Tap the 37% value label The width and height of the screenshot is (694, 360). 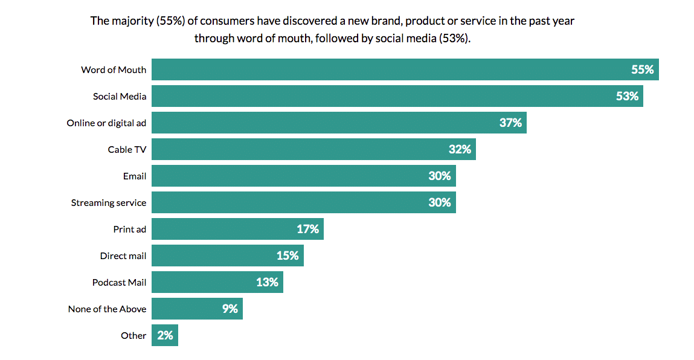[x=510, y=123]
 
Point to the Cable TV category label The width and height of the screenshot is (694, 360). [x=127, y=149]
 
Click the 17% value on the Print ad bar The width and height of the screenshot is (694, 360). [x=307, y=229]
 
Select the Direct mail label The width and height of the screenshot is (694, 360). [x=123, y=256]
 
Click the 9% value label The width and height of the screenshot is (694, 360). [x=230, y=309]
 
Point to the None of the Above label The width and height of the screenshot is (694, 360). [x=107, y=309]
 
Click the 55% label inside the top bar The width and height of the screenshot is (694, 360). [x=643, y=69]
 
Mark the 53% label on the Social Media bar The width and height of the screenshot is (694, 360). [x=627, y=96]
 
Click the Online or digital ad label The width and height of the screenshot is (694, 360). [x=106, y=123]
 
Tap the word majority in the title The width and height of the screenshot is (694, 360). [x=132, y=21]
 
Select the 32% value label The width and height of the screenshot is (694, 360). [x=460, y=149]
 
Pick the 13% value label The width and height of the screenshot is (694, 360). [x=267, y=282]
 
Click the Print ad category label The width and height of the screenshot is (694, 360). [x=129, y=229]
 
